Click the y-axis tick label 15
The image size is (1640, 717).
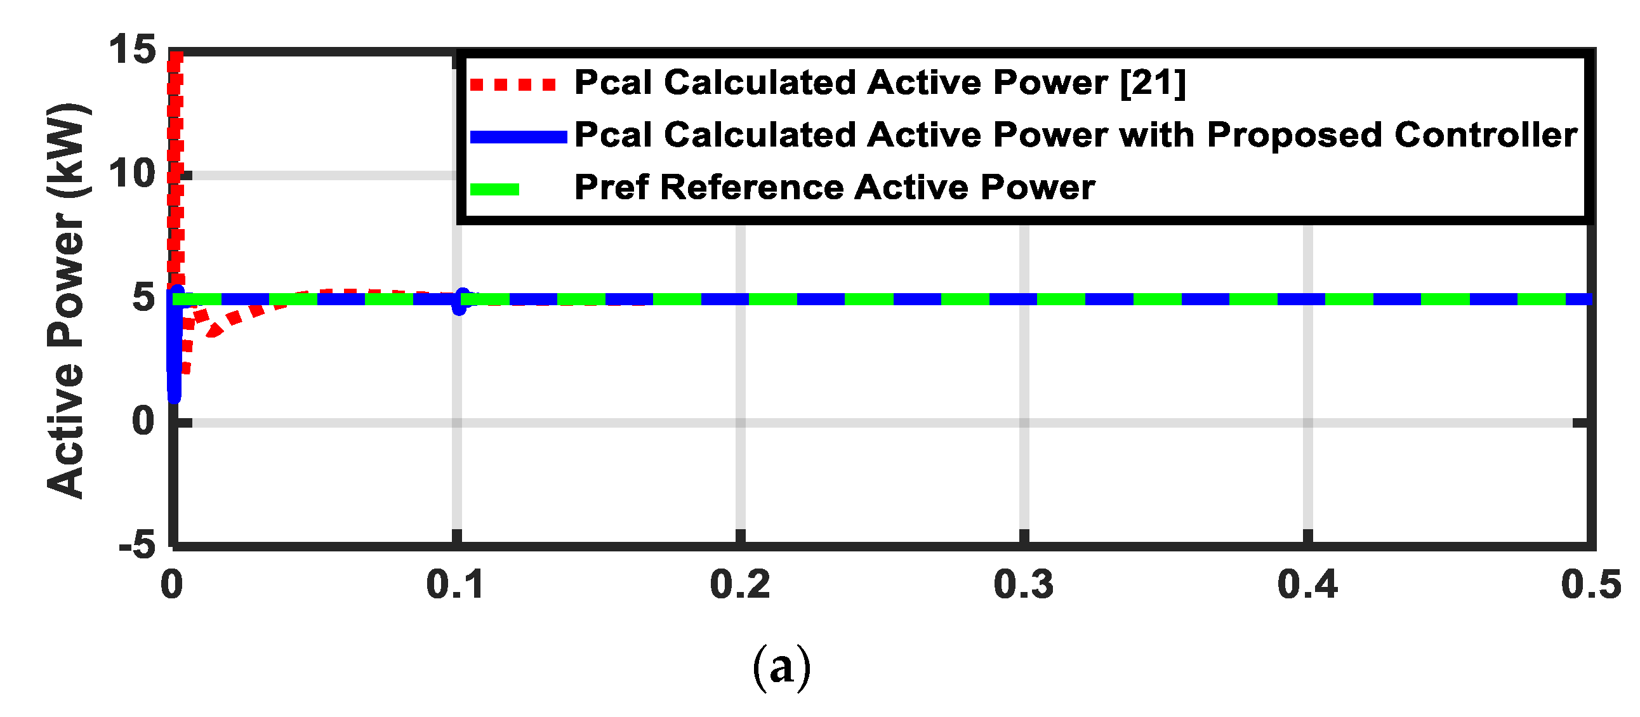[x=133, y=49]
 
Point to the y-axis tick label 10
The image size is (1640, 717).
[x=133, y=173]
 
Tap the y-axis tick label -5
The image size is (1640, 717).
[x=138, y=545]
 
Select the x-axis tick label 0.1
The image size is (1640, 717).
[x=454, y=584]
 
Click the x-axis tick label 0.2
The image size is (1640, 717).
[x=739, y=584]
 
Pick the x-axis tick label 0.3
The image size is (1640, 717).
[x=1023, y=584]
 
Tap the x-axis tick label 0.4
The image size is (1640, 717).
[x=1307, y=584]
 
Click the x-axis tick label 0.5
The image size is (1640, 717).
[x=1590, y=584]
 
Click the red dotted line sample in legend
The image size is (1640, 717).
[x=513, y=84]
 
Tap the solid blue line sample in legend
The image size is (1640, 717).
[x=519, y=137]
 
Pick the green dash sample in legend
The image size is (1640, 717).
[x=495, y=189]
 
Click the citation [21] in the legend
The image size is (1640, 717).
[x=1153, y=82]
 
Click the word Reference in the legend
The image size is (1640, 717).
[x=752, y=188]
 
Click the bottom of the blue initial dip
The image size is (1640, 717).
[x=174, y=396]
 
